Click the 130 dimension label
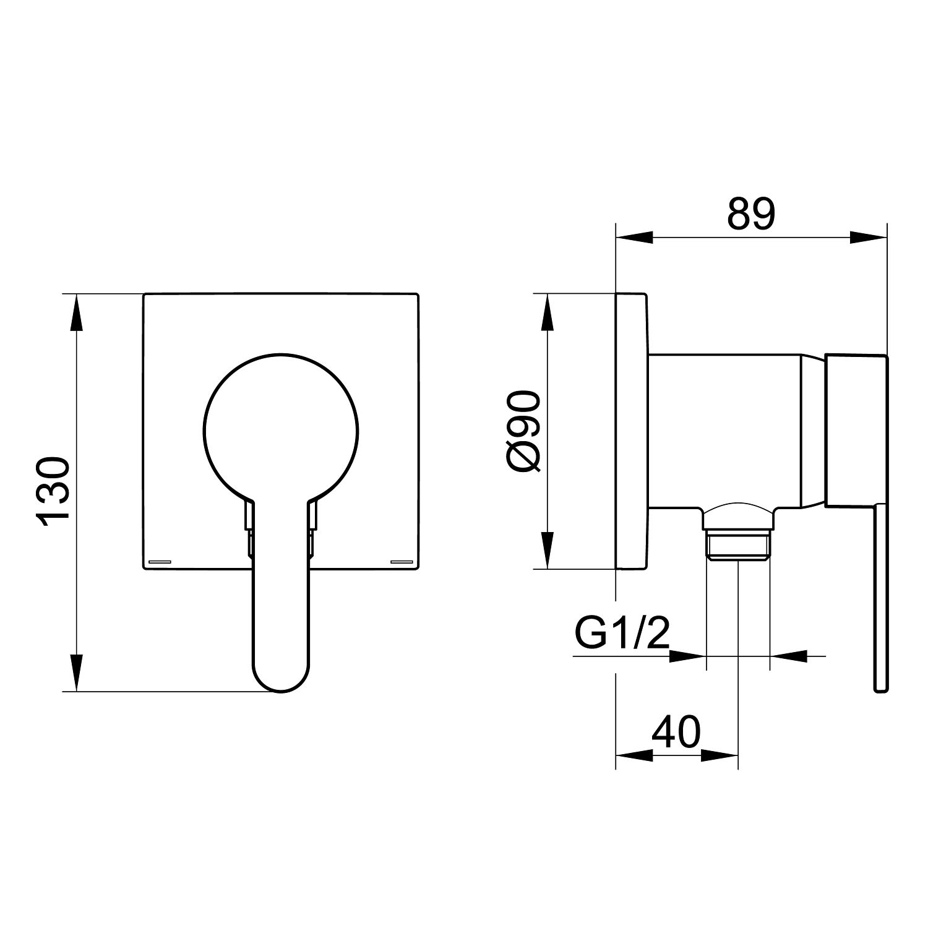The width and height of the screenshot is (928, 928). point(53,492)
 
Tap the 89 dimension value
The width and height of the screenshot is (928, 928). point(751,214)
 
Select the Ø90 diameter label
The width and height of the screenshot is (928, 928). point(525,431)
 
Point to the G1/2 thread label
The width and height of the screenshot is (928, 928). point(622,631)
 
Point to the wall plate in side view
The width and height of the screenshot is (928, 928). point(632,431)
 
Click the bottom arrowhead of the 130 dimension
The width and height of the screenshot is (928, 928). point(76,672)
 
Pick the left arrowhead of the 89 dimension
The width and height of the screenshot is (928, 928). point(635,238)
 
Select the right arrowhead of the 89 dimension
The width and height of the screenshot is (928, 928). point(869,238)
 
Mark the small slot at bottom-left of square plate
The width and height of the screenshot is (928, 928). point(160,561)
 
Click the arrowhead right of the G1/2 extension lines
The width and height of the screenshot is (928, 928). point(788,655)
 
